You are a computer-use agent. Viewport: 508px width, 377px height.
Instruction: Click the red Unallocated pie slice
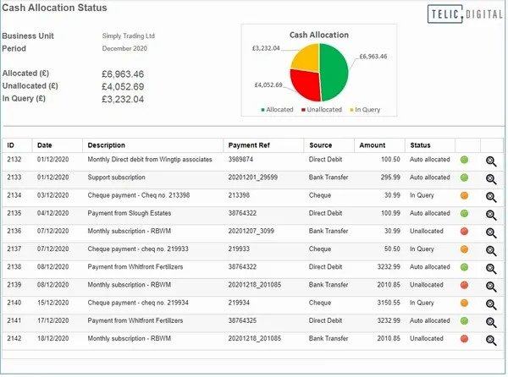click(306, 84)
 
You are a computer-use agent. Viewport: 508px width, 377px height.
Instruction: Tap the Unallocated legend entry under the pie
click(322, 110)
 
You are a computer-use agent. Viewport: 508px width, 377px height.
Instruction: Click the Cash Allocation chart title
click(318, 35)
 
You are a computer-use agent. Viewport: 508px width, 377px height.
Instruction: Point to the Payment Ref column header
click(251, 145)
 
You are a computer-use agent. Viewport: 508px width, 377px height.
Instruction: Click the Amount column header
click(372, 145)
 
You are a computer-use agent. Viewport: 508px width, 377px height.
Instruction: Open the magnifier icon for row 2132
click(491, 161)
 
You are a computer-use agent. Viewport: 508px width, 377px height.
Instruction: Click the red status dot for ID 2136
click(465, 231)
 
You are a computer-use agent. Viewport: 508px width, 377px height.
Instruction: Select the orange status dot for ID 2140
click(465, 302)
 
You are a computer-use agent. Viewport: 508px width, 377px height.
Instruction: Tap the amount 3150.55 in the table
click(385, 302)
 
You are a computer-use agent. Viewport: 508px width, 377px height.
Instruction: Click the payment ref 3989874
click(240, 160)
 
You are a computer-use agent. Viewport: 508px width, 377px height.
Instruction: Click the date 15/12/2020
click(52, 302)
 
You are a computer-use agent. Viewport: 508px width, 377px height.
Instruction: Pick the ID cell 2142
click(15, 337)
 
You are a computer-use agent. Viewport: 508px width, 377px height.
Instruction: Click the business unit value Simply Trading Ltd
click(128, 37)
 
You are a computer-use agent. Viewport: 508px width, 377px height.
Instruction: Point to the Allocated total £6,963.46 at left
click(123, 74)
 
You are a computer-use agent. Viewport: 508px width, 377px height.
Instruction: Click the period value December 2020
click(125, 50)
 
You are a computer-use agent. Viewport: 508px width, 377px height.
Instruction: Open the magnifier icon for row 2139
click(491, 285)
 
